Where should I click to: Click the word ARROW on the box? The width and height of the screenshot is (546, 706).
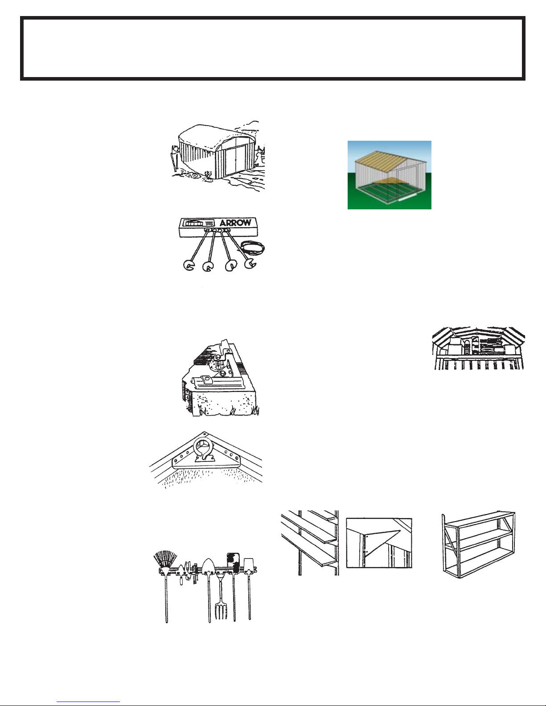[236, 223]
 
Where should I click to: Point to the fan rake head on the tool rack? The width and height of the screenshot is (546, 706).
[165, 559]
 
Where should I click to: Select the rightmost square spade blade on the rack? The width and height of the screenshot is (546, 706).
[248, 565]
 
